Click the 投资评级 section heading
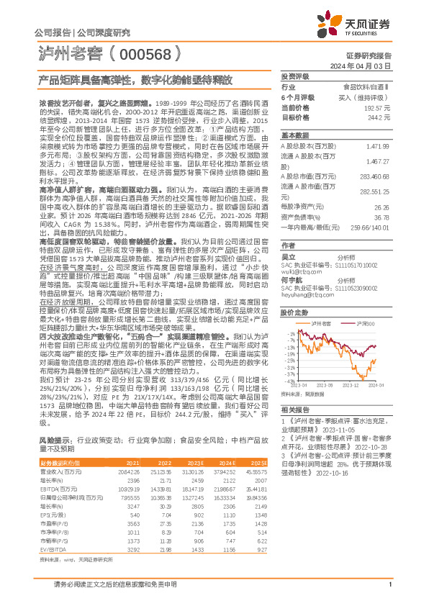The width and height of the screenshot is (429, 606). click(294, 76)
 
